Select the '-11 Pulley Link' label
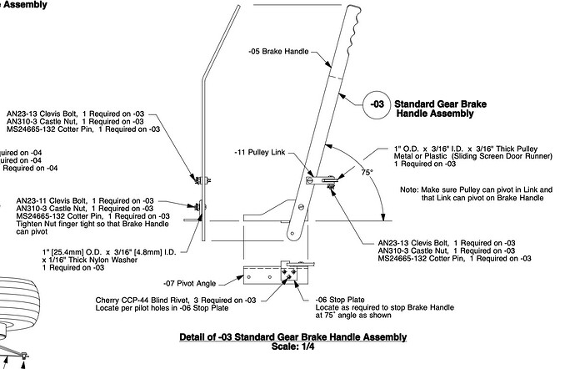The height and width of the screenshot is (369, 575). click(x=261, y=153)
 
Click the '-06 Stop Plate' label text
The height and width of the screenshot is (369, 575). click(x=339, y=298)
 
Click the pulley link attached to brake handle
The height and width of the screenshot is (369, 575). click(x=324, y=176)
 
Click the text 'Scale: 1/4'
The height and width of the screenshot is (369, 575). click(x=292, y=346)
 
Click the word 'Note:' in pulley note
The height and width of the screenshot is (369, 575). click(x=410, y=190)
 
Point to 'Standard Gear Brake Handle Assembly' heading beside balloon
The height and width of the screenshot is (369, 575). click(x=439, y=105)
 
